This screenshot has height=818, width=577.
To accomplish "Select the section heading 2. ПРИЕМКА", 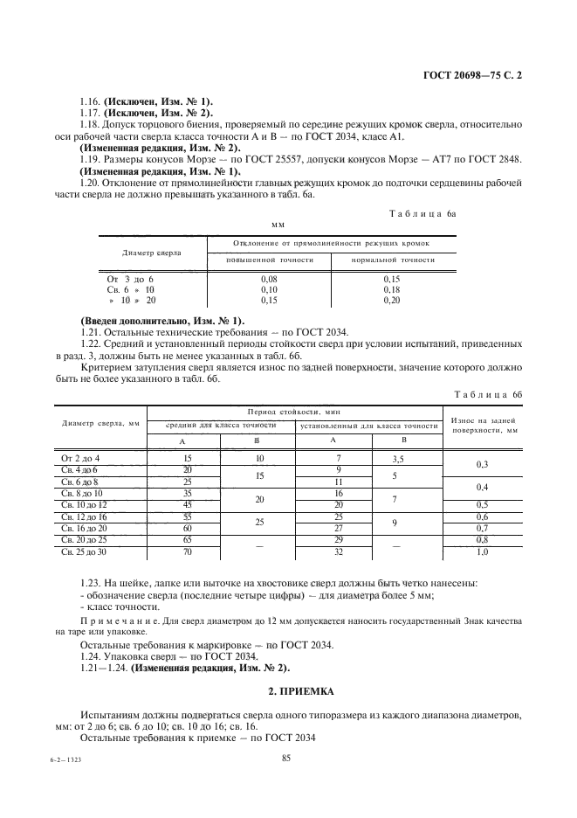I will pos(288,690).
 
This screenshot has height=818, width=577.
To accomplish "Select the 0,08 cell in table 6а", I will pos(269,278).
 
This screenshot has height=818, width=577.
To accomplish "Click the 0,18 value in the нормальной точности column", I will pos(392,288).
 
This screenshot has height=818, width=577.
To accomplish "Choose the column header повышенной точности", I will pos(269,260).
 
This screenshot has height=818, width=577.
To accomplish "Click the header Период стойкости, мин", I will pos(294,410).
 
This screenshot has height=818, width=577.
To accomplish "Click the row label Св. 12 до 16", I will pos(84,517).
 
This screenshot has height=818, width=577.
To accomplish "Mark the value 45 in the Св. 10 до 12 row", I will pos(186,505).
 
